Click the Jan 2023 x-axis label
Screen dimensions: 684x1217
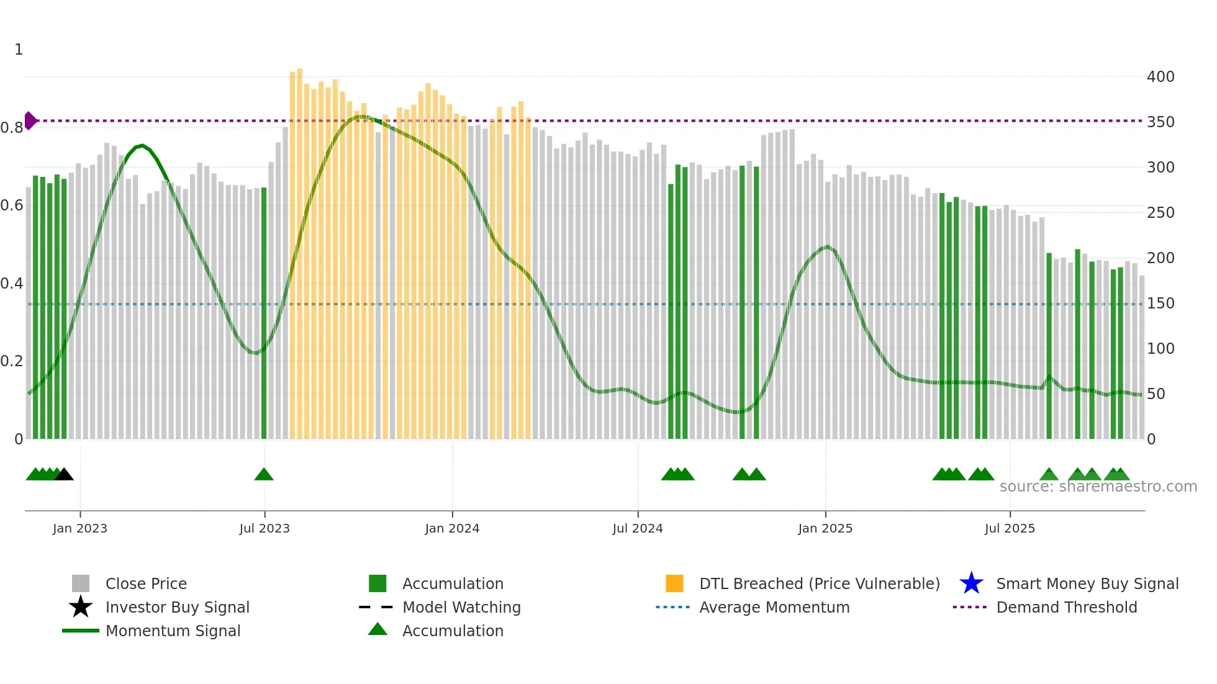(80, 528)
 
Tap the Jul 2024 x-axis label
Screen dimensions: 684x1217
(638, 528)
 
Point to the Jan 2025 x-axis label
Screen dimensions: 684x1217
(825, 528)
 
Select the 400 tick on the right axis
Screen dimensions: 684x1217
(1160, 77)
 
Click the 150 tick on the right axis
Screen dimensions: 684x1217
(1160, 304)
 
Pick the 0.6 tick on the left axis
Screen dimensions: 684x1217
(12, 205)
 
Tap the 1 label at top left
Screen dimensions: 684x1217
(19, 50)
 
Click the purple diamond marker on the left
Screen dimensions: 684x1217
(30, 120)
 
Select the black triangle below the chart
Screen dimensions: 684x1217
(64, 475)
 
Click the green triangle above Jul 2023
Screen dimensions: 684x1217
(264, 475)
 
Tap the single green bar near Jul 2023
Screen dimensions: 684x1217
(264, 313)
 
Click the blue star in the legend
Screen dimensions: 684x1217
(971, 583)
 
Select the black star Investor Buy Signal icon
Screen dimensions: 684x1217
(81, 607)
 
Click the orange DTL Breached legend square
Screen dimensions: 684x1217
(674, 583)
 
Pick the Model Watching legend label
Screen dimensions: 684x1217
(461, 607)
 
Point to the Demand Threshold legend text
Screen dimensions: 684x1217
(1067, 607)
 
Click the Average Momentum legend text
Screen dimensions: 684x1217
(774, 607)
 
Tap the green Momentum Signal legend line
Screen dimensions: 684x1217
(81, 631)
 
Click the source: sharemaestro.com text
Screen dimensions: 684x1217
(1098, 487)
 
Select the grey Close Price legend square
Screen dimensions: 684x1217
(81, 583)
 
